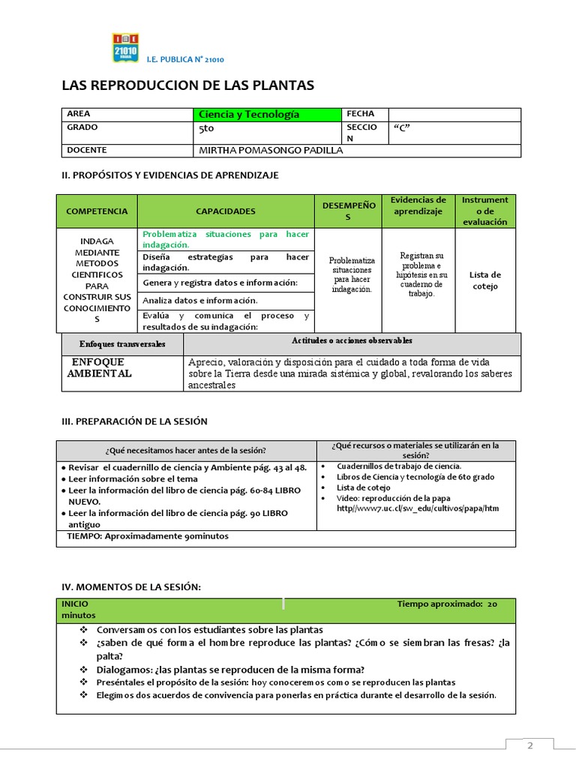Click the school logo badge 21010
[125, 47]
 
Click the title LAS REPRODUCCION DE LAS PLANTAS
[187, 85]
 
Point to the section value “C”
[402, 127]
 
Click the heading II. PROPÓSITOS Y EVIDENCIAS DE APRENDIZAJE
[169, 175]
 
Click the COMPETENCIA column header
[97, 211]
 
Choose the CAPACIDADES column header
[226, 211]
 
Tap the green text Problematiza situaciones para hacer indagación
[225, 239]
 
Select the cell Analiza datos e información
[199, 300]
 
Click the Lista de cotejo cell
[485, 280]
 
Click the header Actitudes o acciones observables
[352, 340]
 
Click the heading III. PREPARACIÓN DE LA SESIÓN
[134, 421]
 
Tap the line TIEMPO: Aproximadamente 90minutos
[148, 536]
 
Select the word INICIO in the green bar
[75, 603]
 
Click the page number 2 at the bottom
[529, 745]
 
